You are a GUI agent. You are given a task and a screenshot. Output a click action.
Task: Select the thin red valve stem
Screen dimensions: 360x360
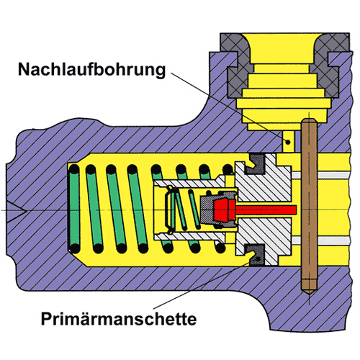[x=266, y=210]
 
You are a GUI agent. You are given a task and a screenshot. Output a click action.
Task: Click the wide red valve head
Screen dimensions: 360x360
[x=224, y=210]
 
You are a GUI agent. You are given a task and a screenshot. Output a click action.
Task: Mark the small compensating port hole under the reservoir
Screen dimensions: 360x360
[x=289, y=142]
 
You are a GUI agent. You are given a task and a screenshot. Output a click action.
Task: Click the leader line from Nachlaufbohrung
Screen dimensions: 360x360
[x=230, y=108]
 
